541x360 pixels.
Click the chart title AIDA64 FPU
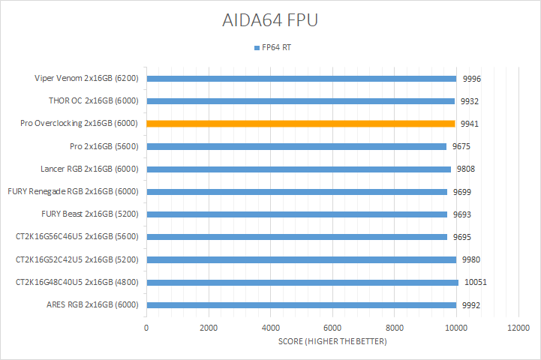[x=270, y=20]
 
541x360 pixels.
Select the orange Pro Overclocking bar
[x=300, y=124]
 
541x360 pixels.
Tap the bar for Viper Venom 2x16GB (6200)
[x=300, y=78]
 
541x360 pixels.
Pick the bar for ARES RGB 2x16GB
[x=300, y=305]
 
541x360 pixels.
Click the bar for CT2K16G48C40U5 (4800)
[x=300, y=283]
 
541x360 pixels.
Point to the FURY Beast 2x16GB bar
[x=300, y=214]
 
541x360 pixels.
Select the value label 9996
[x=470, y=79]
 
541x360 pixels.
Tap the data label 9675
[x=461, y=147]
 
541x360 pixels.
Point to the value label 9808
[x=465, y=169]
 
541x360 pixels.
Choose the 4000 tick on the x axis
[x=270, y=328]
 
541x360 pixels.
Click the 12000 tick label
[x=518, y=328]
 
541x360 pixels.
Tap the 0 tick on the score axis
[x=146, y=328]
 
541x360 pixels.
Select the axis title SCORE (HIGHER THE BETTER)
[x=332, y=342]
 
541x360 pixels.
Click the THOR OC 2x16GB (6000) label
[x=94, y=101]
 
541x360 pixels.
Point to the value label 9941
[x=470, y=124]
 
